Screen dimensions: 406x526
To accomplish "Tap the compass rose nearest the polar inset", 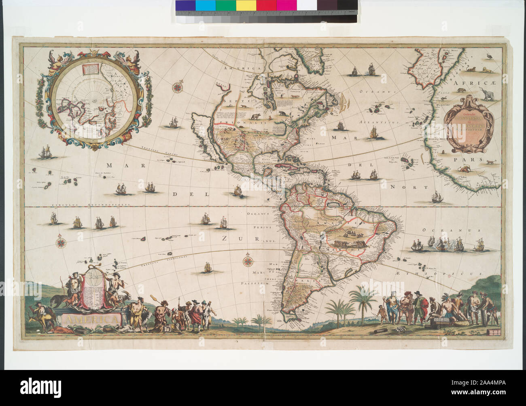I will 177,87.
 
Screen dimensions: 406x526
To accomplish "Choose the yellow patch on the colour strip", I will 246,5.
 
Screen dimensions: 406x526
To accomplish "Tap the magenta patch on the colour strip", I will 287,5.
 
